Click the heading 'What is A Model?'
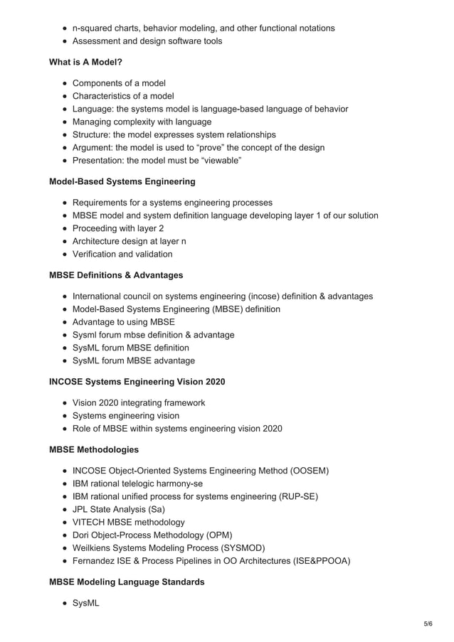pyautogui.click(x=85, y=62)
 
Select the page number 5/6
pyautogui.click(x=427, y=624)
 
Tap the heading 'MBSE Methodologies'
pyautogui.click(x=93, y=449)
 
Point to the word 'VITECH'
pyautogui.click(x=90, y=522)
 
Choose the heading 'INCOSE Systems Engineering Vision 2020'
pyautogui.click(x=137, y=382)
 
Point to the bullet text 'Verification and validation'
pyautogui.click(x=122, y=254)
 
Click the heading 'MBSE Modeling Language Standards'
pyautogui.click(x=126, y=582)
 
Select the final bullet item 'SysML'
pyautogui.click(x=86, y=603)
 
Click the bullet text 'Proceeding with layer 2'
pyautogui.click(x=118, y=228)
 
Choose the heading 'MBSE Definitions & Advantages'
pyautogui.click(x=115, y=274)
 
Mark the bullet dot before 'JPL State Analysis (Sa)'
pyautogui.click(x=65, y=509)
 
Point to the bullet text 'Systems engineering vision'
pyautogui.click(x=126, y=415)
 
